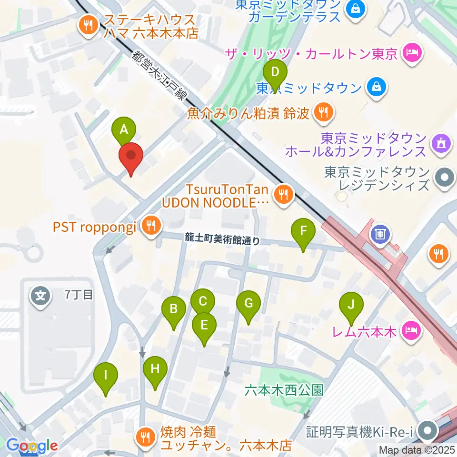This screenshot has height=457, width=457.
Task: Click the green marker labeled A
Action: pyautogui.click(x=124, y=129)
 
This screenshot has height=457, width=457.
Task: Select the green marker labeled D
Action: pyautogui.click(x=275, y=72)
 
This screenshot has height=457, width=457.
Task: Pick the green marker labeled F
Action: pyautogui.click(x=303, y=231)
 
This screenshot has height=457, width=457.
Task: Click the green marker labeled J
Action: pyautogui.click(x=351, y=305)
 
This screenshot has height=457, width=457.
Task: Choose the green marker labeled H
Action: pyautogui.click(x=155, y=369)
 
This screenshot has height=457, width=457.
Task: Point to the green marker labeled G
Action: pyautogui.click(x=248, y=303)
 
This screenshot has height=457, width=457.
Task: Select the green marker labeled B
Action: pyautogui.click(x=174, y=309)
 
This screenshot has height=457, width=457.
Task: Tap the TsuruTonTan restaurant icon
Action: pyautogui.click(x=284, y=193)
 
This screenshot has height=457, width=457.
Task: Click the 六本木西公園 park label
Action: pyautogui.click(x=284, y=390)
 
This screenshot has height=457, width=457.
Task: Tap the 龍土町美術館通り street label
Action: pyautogui.click(x=223, y=240)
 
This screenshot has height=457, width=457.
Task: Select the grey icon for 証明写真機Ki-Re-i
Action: pyautogui.click(x=428, y=432)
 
